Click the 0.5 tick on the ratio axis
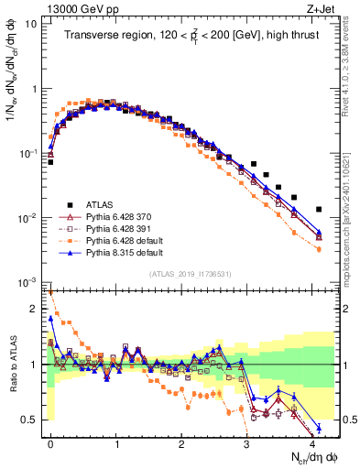32,420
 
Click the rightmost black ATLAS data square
319,210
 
